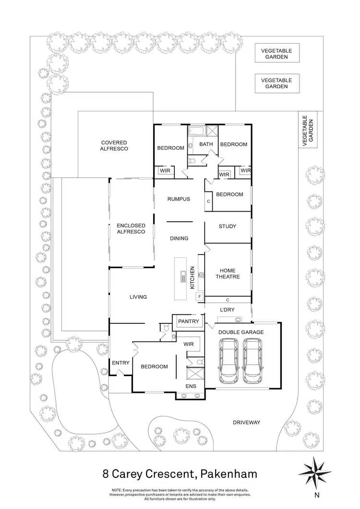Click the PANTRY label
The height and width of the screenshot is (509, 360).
coord(188,321)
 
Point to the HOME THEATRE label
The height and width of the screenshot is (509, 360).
coord(227,273)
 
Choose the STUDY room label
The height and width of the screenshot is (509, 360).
coord(227,226)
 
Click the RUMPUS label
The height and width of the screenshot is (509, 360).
coord(179,199)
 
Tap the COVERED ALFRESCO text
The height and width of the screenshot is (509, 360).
coord(114,146)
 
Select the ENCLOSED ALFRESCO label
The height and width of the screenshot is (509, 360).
coord(131,228)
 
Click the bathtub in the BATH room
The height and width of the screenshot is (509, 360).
coord(197,130)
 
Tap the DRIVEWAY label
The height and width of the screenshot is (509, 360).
coord(246,422)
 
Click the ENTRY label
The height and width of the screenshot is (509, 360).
coord(120,363)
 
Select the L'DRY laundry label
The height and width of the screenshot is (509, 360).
coord(227,310)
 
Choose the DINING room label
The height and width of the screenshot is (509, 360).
coord(179,238)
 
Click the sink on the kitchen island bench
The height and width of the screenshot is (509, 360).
coord(183,276)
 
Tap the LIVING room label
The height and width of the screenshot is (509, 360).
coord(138,297)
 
